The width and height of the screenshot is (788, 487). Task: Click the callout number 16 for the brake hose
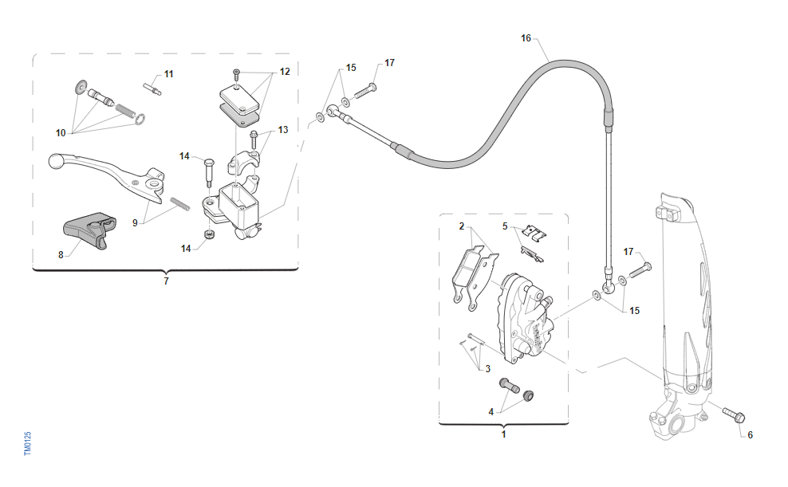point(525,37)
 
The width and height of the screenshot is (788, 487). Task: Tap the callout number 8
point(61,255)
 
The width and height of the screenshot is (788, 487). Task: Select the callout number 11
point(168,74)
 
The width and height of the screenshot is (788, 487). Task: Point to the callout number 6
point(750,435)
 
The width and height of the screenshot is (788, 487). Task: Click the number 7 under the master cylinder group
point(166,281)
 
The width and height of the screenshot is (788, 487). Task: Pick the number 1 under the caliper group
point(503,434)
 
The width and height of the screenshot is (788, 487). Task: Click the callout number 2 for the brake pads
point(461,226)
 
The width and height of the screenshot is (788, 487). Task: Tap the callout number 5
point(505,226)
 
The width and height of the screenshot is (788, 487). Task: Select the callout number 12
point(285,72)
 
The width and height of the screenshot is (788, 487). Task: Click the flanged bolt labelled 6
point(733,415)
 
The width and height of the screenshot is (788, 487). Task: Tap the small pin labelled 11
point(152,87)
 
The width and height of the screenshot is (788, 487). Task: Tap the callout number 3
point(487,369)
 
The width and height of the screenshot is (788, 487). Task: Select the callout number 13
point(283,130)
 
